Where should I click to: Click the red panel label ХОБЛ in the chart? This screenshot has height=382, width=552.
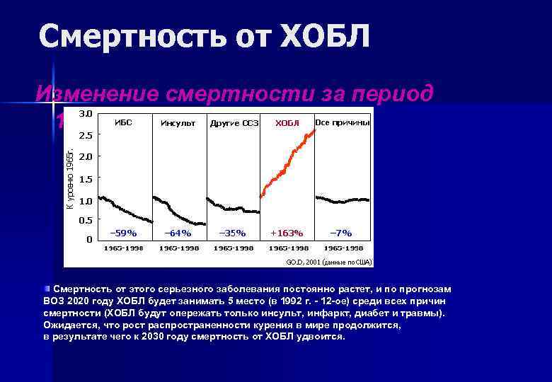(x=287, y=123)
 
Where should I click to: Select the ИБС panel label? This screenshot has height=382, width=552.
(x=123, y=122)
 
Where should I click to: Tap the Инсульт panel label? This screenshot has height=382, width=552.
(x=178, y=123)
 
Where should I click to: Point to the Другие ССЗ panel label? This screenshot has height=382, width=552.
(x=234, y=123)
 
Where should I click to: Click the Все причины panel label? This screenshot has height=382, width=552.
(x=343, y=122)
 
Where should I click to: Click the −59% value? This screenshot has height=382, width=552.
(x=123, y=233)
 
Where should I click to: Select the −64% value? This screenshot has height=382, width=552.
(x=178, y=233)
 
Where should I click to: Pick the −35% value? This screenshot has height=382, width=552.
(x=232, y=233)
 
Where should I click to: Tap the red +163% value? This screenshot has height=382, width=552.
(x=287, y=233)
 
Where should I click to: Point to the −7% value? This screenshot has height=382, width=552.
(x=341, y=233)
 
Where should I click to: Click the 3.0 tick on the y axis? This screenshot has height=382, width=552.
(x=84, y=113)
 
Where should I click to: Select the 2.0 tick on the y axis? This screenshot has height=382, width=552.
(x=84, y=156)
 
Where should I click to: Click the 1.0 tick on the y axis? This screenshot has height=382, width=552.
(x=84, y=201)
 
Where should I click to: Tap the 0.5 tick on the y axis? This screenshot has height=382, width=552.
(x=84, y=220)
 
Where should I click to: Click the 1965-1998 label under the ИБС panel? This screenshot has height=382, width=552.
(x=123, y=248)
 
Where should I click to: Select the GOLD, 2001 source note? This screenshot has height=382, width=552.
(x=328, y=262)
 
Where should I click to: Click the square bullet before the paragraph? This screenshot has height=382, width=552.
(x=47, y=289)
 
